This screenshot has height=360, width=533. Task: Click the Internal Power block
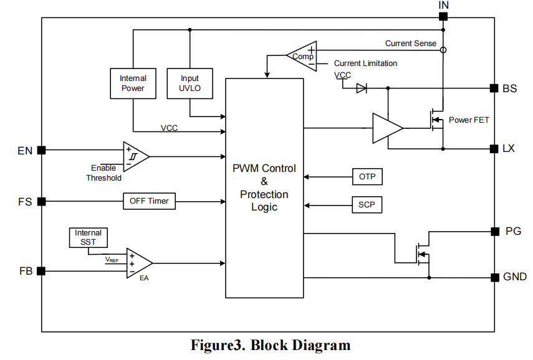tap(133, 83)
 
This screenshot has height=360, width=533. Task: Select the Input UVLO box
tap(190, 83)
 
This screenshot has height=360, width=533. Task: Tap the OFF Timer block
tap(149, 201)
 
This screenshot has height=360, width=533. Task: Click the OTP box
tap(367, 177)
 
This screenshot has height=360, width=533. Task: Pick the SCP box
tap(367, 204)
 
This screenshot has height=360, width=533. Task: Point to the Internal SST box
tap(88, 237)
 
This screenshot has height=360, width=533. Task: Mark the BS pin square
tap(494, 88)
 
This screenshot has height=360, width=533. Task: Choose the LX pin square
tap(494, 149)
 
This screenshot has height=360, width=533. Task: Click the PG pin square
tap(494, 232)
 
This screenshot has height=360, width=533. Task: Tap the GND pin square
tap(494, 277)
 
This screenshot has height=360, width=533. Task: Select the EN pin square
tap(42, 150)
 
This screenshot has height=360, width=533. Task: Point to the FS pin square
tap(42, 201)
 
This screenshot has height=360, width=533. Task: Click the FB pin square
tap(42, 271)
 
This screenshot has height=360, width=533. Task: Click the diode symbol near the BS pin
tap(362, 88)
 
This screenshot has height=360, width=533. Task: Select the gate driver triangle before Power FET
tap(387, 129)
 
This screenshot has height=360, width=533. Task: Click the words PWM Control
tap(264, 168)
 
